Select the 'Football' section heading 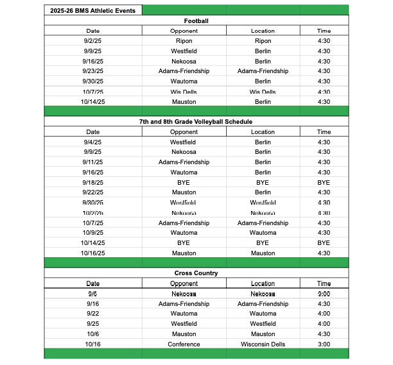point(196,21)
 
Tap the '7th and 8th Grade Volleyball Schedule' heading point(196,121)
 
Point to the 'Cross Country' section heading point(196,273)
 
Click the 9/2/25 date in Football point(93,41)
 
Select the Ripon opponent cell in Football point(184,41)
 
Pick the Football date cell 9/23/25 point(93,71)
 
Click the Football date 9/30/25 point(93,81)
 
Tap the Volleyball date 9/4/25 point(93,142)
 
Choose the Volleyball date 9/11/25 point(93,162)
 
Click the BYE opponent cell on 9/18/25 point(184,182)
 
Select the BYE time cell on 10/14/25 point(324,243)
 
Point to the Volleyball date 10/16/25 point(93,253)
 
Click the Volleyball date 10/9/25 point(93,233)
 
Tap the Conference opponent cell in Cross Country point(184,344)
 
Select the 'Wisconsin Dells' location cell point(263,344)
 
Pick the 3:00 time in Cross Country point(324,344)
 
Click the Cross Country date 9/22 point(93,314)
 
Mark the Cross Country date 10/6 point(93,334)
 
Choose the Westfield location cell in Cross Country point(263,324)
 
